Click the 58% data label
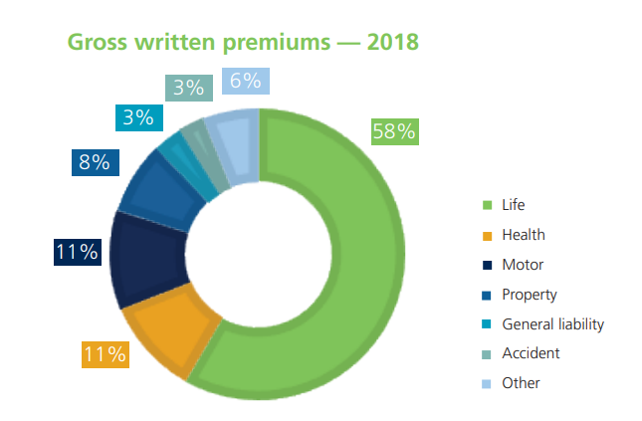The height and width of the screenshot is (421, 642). pos(393,131)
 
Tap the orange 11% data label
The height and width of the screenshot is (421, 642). pos(104,353)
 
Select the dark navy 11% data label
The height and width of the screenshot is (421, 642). pos(77,252)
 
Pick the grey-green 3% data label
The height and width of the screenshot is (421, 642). pos(187,88)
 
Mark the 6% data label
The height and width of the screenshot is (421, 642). pos(245,82)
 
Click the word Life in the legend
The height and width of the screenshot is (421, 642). pos(514,205)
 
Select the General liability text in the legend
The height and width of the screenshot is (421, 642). pos(552,323)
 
